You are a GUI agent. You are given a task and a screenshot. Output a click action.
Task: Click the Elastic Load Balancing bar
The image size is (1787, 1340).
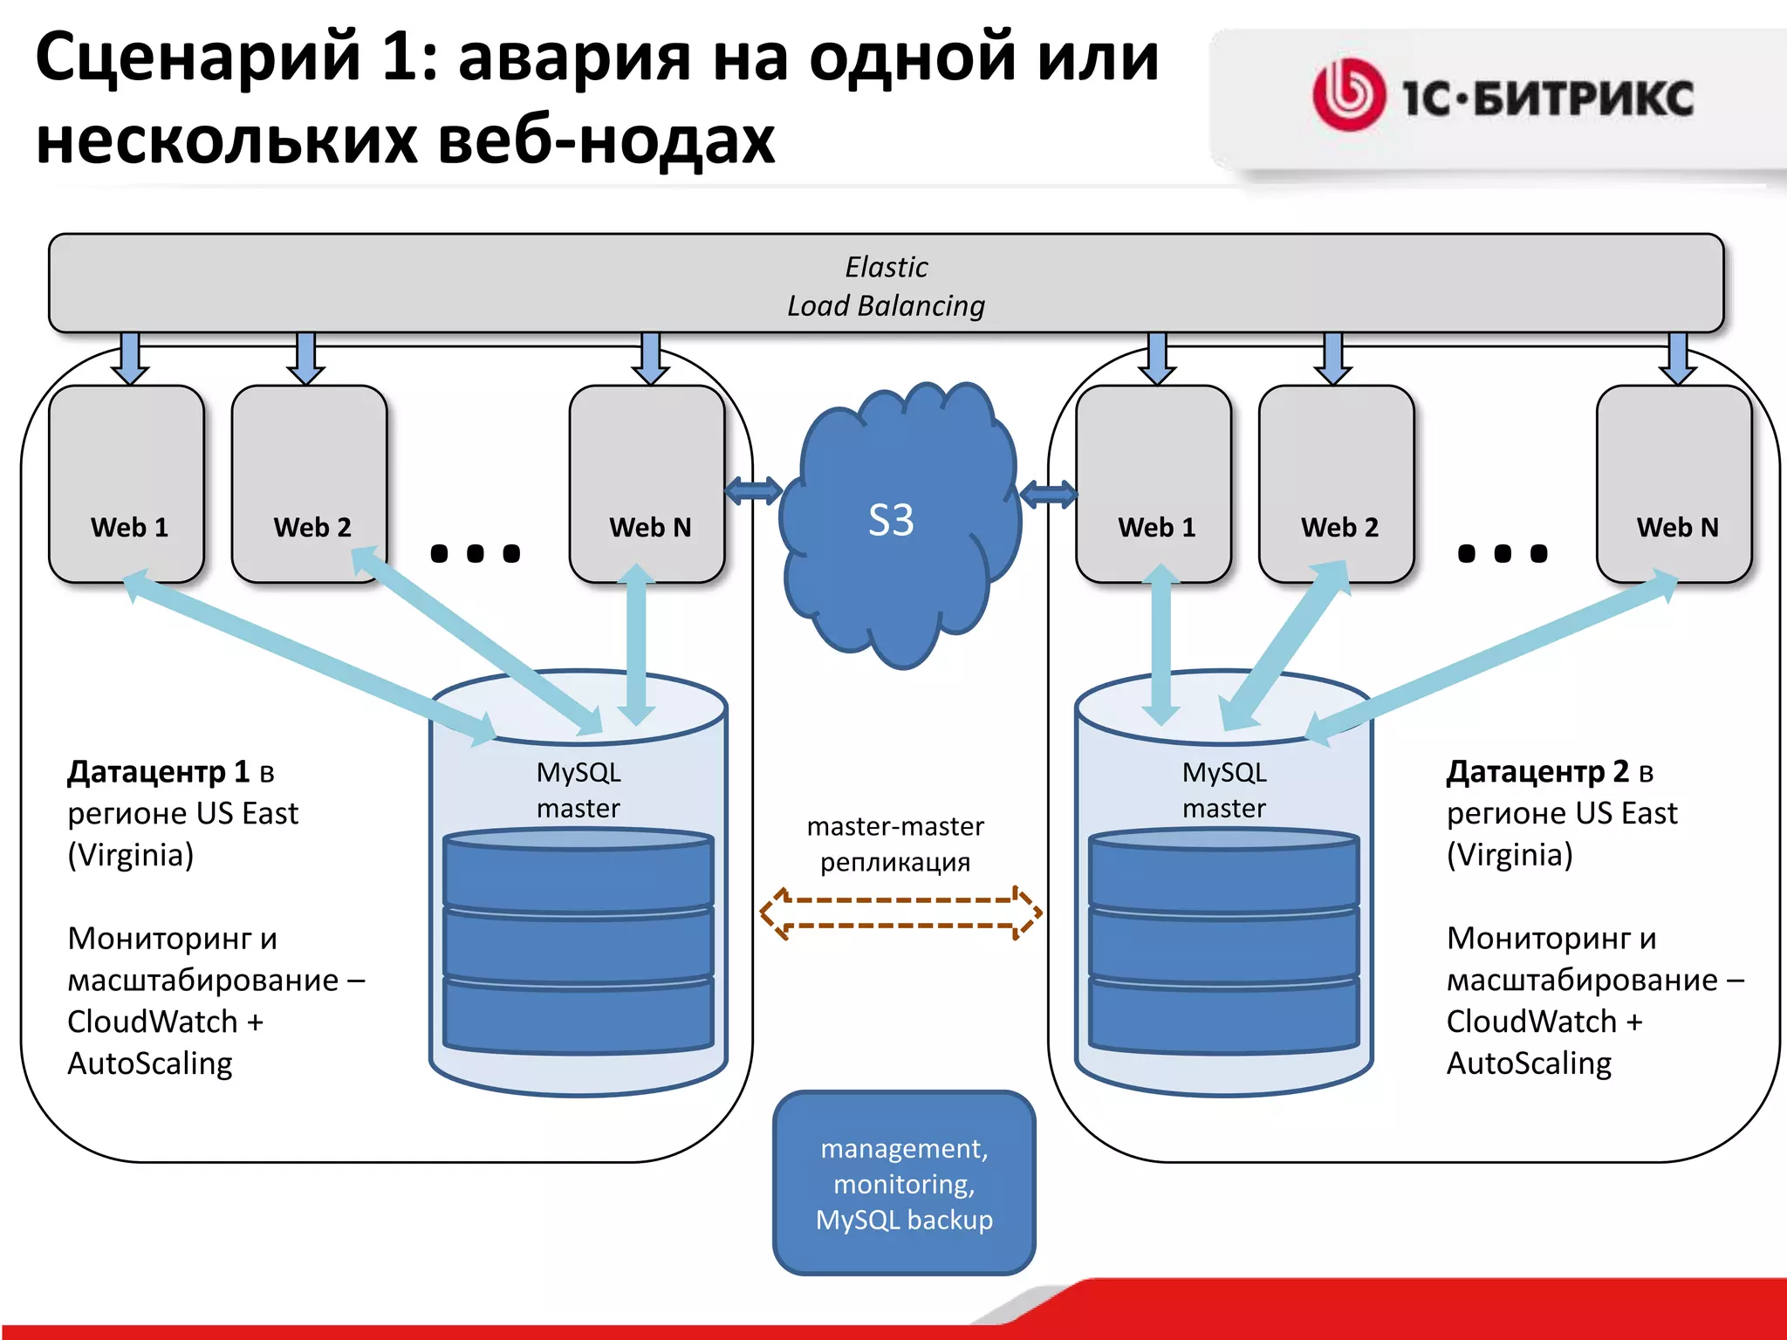tap(886, 284)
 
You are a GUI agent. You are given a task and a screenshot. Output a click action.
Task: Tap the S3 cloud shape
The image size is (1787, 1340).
tap(899, 523)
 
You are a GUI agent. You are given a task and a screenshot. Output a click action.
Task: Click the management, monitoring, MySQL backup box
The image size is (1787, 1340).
tap(904, 1183)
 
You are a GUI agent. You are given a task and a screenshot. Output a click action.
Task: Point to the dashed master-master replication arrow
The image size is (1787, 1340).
tap(900, 913)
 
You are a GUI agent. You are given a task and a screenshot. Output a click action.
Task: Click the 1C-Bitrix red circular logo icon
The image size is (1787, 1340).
tap(1348, 95)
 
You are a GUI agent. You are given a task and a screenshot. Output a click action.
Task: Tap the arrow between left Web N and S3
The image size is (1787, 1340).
tap(754, 490)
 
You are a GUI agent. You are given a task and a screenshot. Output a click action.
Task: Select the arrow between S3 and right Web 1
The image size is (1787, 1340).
tap(1048, 495)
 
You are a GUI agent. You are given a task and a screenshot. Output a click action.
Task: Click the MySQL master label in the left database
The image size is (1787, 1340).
tap(579, 790)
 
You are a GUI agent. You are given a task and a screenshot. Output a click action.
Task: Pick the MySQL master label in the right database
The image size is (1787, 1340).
tap(1224, 790)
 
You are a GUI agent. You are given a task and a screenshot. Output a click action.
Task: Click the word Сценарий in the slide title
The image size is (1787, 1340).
tap(197, 58)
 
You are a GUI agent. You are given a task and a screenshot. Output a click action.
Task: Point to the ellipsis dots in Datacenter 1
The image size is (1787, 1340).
tap(476, 553)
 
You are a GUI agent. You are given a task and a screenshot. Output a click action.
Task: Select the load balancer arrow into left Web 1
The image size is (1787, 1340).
tap(130, 358)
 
